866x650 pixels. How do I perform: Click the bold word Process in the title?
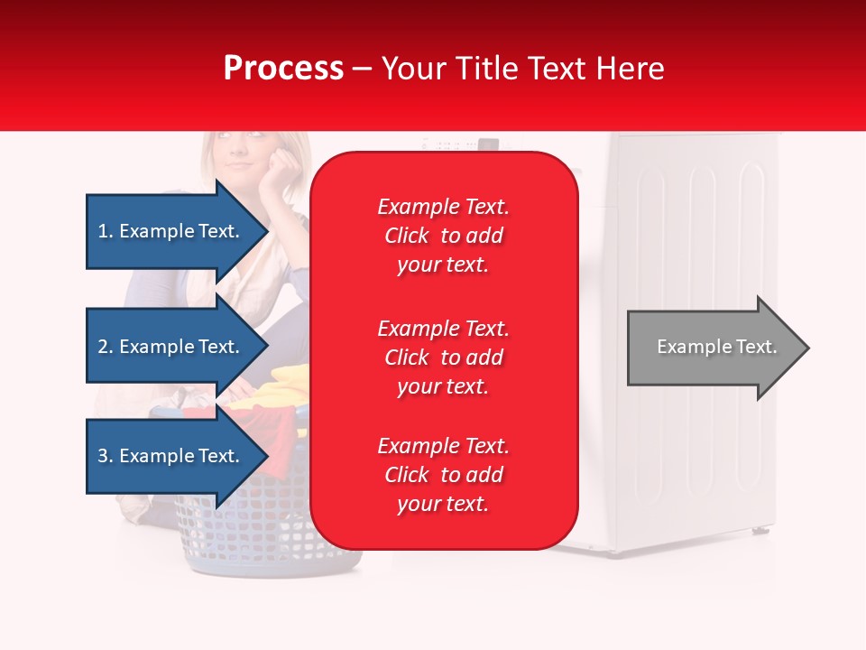(283, 69)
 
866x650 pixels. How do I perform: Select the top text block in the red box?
(443, 236)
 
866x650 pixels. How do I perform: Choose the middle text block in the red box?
(443, 357)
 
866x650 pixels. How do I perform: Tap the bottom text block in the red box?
(443, 475)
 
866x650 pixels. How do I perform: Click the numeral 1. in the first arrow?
(106, 231)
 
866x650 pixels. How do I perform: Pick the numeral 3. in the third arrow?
(106, 456)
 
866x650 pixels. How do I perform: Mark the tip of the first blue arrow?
(267, 231)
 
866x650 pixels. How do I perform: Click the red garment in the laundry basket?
(271, 424)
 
